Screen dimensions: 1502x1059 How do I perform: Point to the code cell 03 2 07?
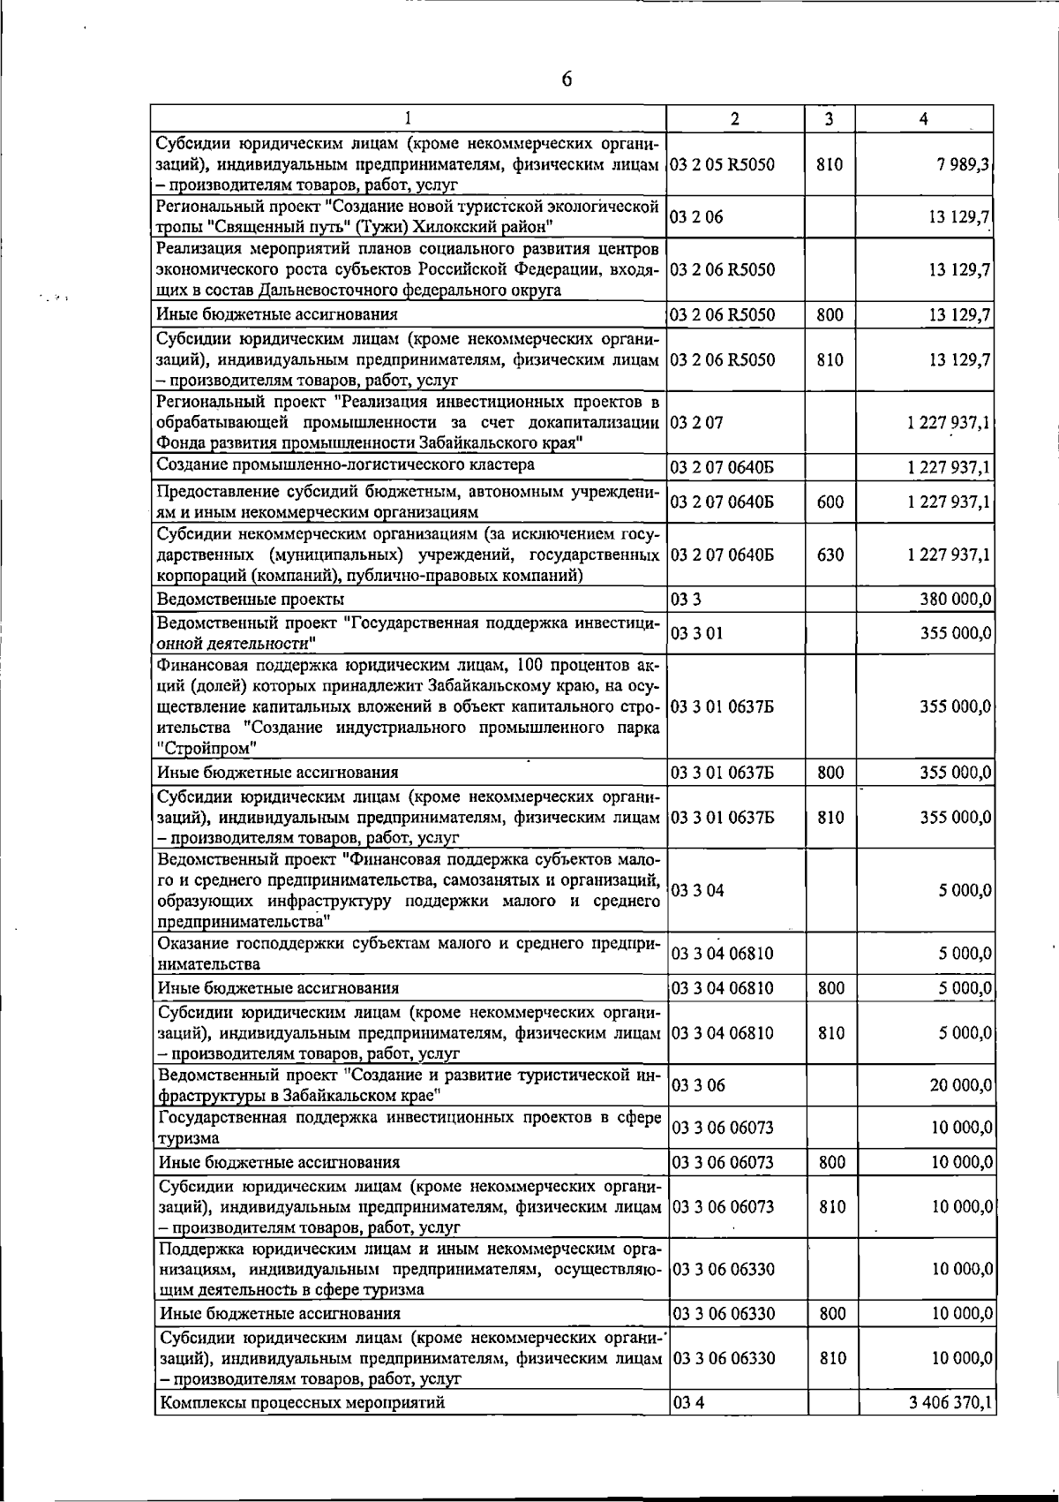tap(697, 422)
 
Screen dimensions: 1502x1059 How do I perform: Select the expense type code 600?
tap(830, 502)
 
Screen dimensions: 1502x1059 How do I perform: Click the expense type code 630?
tap(830, 555)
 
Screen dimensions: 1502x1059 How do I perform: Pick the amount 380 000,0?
tap(955, 600)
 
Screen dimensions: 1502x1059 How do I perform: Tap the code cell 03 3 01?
tap(698, 633)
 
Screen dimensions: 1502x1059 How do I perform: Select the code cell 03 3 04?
tap(698, 890)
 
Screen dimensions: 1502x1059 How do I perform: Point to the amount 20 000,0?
tap(960, 1084)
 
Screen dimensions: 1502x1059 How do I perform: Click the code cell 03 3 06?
tap(698, 1085)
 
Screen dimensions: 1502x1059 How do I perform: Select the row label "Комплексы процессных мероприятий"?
tap(301, 1402)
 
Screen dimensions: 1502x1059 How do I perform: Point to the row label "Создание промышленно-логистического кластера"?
tap(345, 465)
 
